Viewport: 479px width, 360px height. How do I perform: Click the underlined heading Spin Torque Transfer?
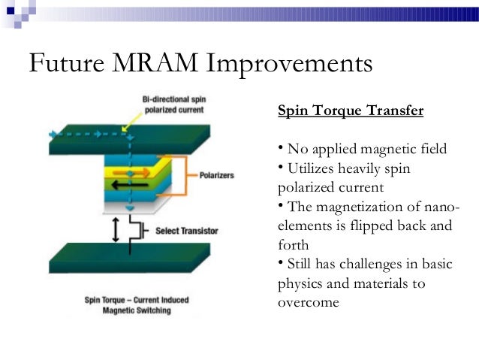pos(351,111)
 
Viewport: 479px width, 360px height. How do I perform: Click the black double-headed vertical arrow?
pos(115,229)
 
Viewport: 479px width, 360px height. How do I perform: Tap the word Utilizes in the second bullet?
pos(311,168)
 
